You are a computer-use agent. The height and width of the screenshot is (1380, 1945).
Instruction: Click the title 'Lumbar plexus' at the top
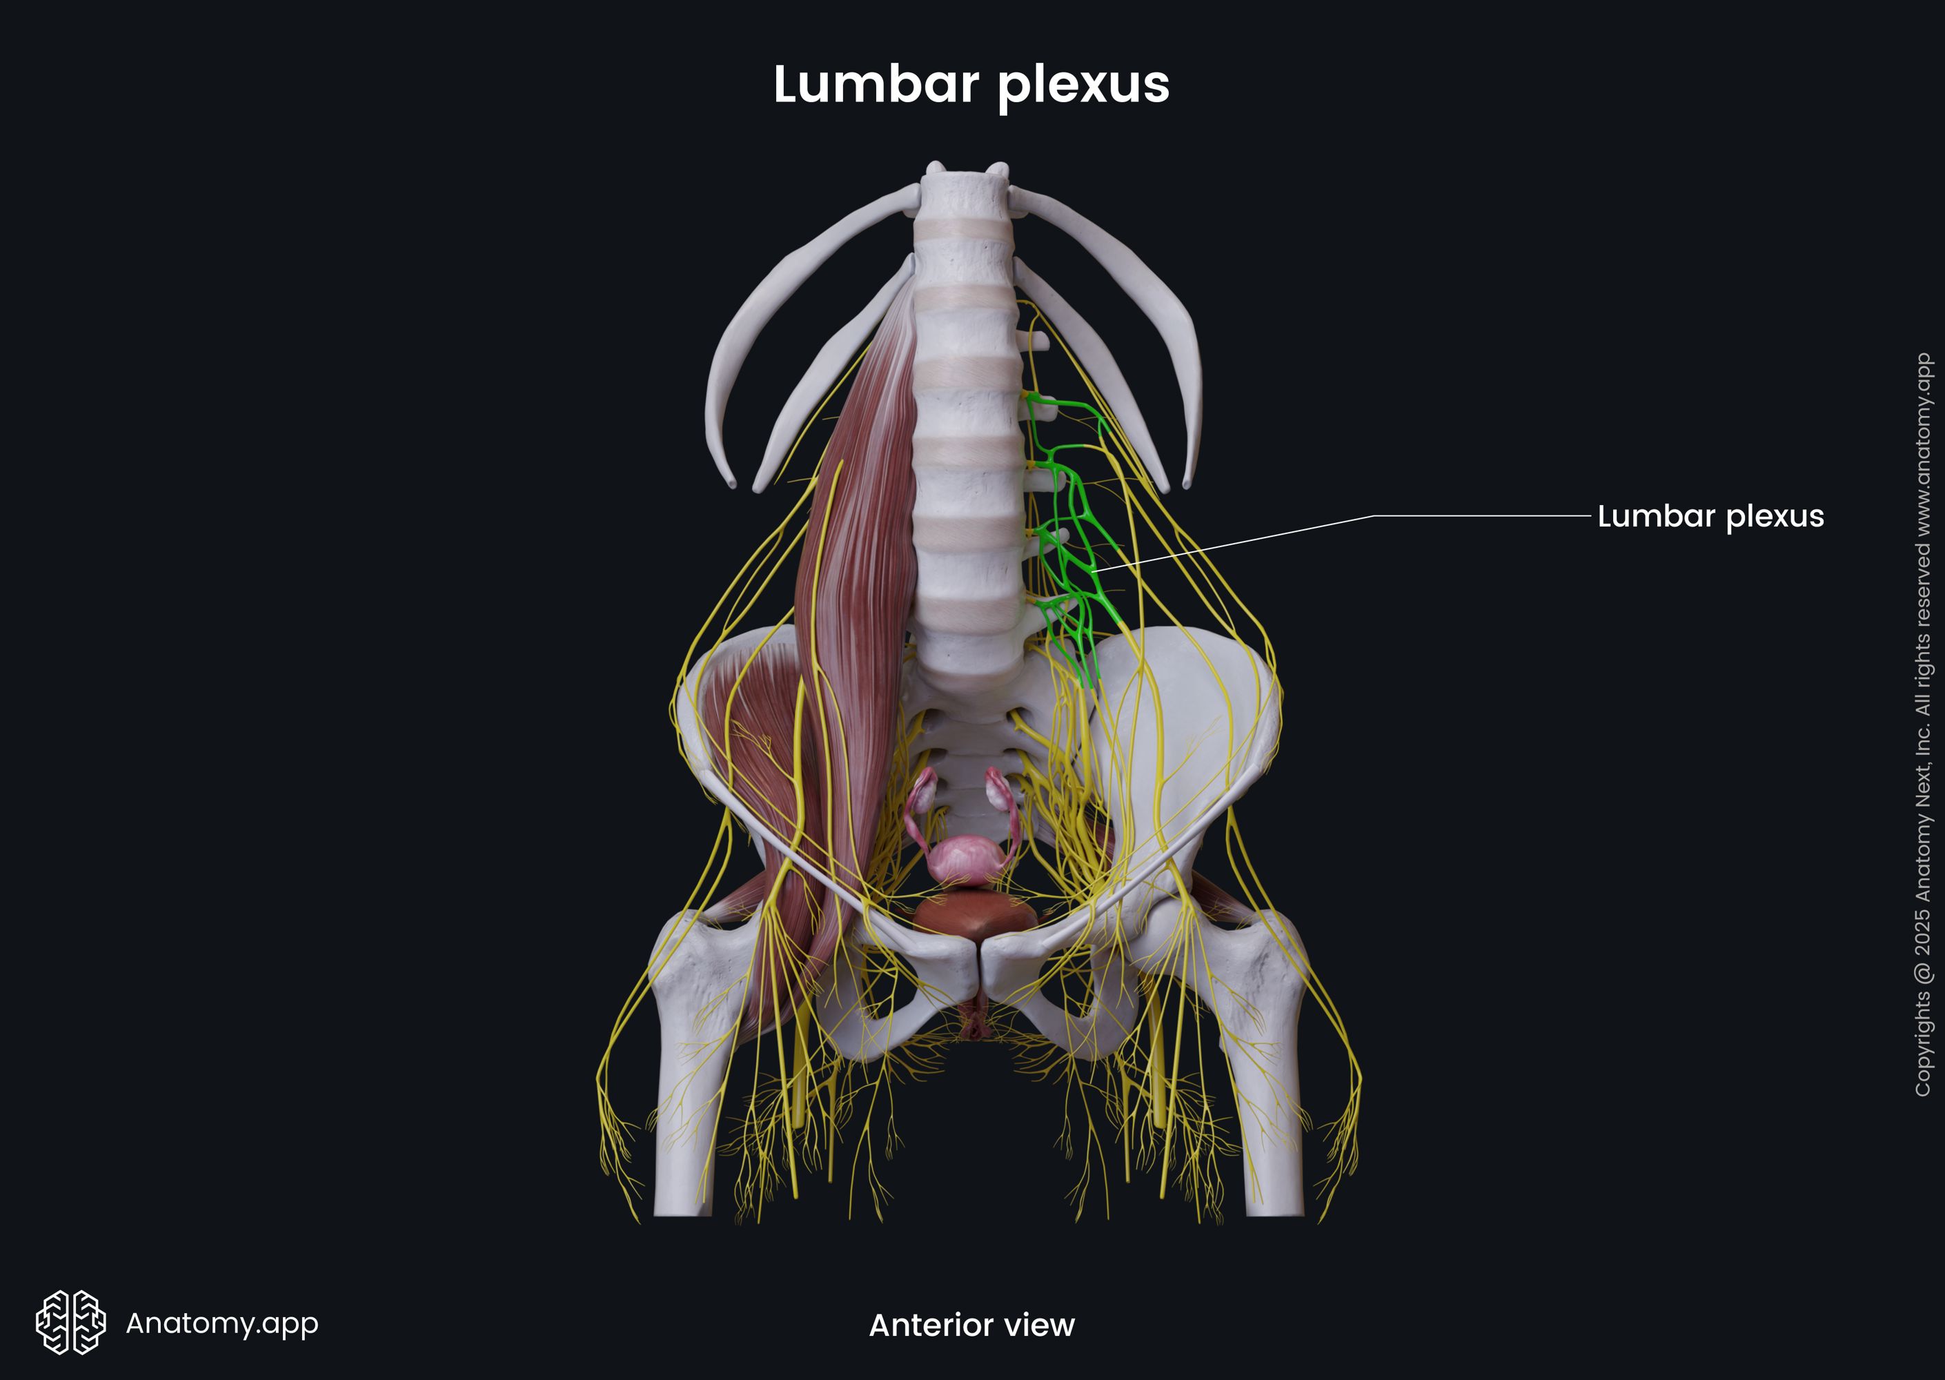(x=971, y=85)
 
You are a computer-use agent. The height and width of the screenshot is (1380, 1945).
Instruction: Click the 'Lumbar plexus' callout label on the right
(x=1710, y=516)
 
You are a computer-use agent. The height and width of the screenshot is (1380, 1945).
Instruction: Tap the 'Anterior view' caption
(x=971, y=1325)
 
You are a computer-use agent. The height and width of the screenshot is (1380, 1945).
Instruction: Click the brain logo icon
(x=70, y=1322)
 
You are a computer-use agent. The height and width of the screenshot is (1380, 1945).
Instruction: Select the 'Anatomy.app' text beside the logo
(x=221, y=1323)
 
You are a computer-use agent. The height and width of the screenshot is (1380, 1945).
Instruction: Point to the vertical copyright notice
(x=1923, y=724)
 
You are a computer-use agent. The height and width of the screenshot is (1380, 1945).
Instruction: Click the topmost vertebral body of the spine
(x=965, y=195)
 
